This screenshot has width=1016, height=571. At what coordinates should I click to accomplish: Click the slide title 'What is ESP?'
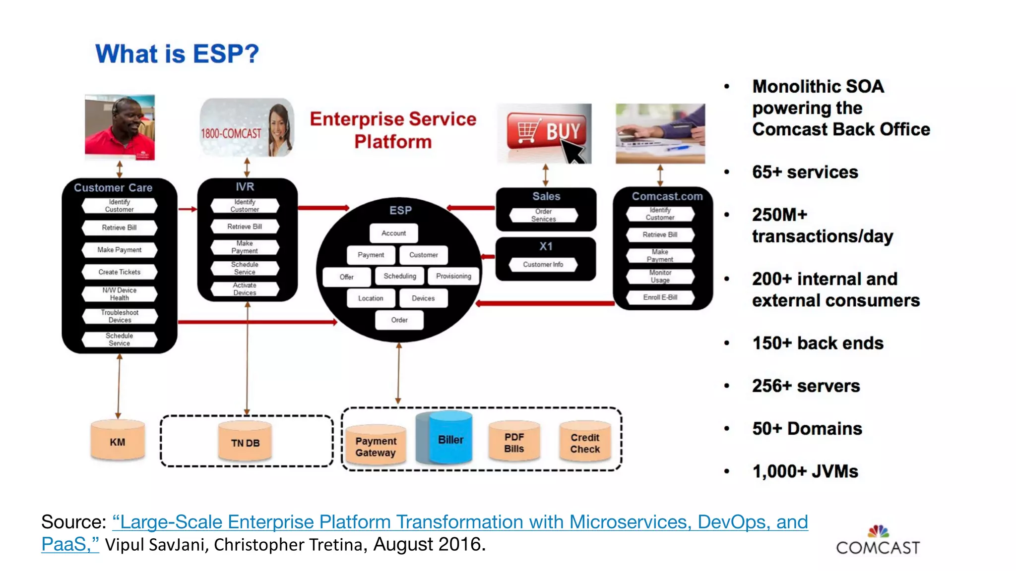click(x=177, y=54)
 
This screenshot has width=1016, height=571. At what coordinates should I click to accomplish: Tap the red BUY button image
click(x=545, y=133)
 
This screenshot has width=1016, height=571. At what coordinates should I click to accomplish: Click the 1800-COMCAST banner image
click(x=247, y=128)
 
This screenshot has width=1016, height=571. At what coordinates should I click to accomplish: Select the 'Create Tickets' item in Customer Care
click(x=120, y=272)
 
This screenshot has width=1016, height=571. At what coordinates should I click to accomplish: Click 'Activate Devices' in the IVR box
click(x=245, y=289)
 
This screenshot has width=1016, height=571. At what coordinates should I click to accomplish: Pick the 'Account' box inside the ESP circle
click(x=393, y=233)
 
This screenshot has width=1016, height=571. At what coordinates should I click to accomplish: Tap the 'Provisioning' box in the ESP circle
click(x=453, y=276)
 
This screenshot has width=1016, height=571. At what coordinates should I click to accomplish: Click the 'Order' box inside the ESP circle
click(x=399, y=320)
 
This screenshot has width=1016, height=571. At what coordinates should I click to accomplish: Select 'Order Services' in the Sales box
click(x=544, y=215)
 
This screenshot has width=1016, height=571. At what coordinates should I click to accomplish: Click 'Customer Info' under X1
click(x=543, y=265)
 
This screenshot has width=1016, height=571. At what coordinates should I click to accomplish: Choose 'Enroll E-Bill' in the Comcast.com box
click(x=660, y=297)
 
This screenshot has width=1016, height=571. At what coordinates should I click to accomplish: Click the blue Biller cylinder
click(x=450, y=439)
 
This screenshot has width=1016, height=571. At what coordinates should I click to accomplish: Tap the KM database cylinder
click(x=118, y=442)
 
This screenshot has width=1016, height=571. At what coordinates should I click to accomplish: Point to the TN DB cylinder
click(x=245, y=443)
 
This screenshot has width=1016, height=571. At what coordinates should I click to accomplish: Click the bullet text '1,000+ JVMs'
click(x=805, y=471)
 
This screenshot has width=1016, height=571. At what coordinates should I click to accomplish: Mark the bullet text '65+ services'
click(x=805, y=172)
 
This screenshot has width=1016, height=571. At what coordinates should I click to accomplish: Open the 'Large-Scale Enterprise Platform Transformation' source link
click(x=459, y=522)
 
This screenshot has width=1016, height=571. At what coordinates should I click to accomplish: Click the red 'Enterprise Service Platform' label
click(x=393, y=130)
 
